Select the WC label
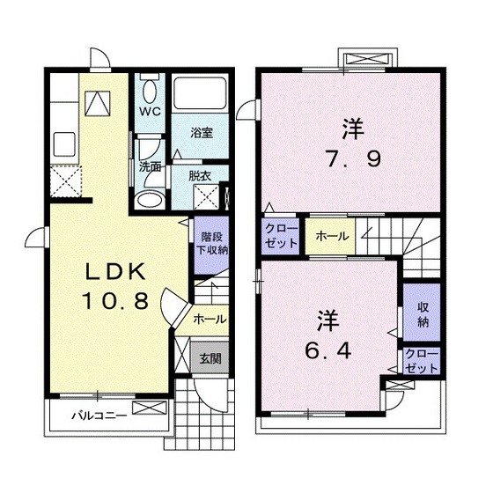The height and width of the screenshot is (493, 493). pos(148,114)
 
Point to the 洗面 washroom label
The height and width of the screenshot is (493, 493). pos(150,166)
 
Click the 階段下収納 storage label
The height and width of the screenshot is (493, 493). pos(210,243)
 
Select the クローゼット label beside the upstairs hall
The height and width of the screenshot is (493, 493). pos(282,236)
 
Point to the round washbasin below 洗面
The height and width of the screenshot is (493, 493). pos(151,197)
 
